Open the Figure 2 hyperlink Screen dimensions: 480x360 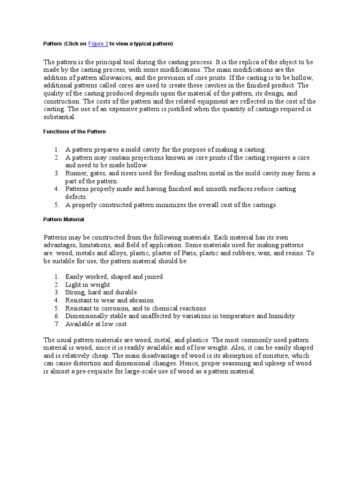[x=98, y=44]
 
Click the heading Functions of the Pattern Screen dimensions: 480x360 [x=75, y=131]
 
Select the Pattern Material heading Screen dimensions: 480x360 [x=64, y=219]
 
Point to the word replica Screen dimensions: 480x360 [x=266, y=62]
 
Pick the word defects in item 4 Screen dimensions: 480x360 [x=76, y=197]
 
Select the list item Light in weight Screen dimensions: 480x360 [x=88, y=285]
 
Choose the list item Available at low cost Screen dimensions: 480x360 [x=96, y=324]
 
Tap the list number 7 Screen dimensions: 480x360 [x=56, y=324]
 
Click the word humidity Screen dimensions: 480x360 [x=282, y=316]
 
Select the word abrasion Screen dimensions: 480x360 [x=140, y=300]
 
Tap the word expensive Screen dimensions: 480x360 [x=122, y=109]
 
